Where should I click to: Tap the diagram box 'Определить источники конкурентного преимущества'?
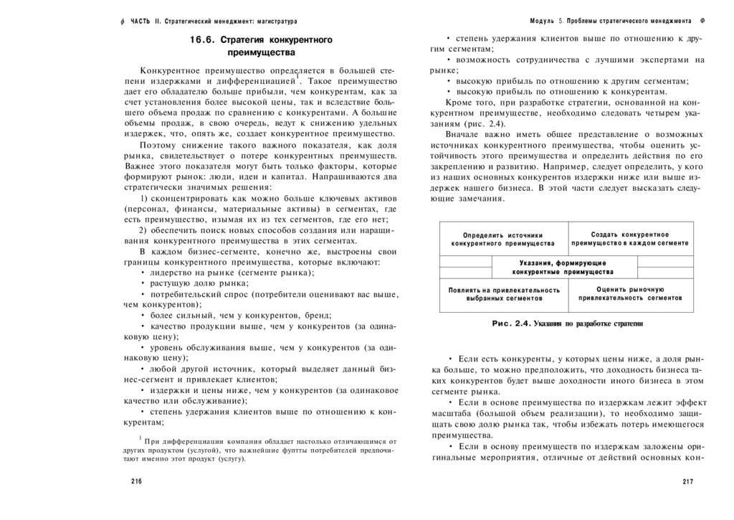503,240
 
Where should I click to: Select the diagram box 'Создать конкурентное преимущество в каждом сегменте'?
630,239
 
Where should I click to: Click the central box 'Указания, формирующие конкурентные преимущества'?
562,268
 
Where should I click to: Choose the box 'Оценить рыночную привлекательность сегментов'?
630,293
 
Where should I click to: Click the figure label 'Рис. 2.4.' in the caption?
510,324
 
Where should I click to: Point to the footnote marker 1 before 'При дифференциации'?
140,437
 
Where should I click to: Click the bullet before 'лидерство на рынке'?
142,273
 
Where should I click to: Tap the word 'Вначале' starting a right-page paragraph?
461,134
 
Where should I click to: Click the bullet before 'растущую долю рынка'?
142,283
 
